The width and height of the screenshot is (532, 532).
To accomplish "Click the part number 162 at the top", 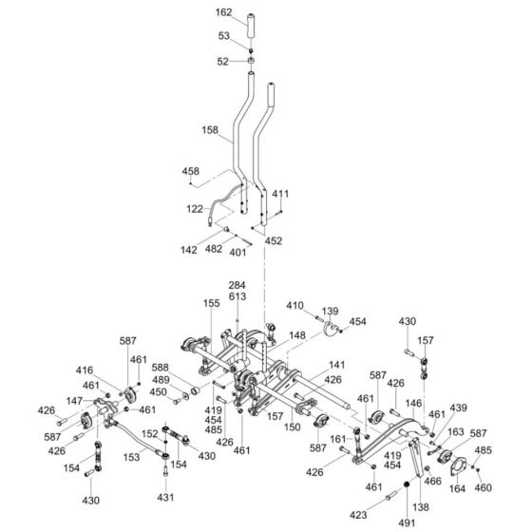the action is pos(223,12).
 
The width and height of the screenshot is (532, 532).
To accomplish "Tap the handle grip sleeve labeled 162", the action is pos(251,27).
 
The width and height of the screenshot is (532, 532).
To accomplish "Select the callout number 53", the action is pos(223,36).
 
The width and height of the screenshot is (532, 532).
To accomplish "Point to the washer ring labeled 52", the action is pos(251,61).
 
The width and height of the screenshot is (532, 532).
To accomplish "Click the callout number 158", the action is pos(210,130).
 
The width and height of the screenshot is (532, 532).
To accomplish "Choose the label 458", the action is pos(191,171).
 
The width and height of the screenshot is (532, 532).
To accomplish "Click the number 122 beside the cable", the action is pos(195,209).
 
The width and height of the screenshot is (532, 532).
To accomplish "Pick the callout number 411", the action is pos(280,194).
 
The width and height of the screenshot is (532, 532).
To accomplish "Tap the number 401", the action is pos(237,253).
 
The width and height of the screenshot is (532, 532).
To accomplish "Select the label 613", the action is pos(237,296).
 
